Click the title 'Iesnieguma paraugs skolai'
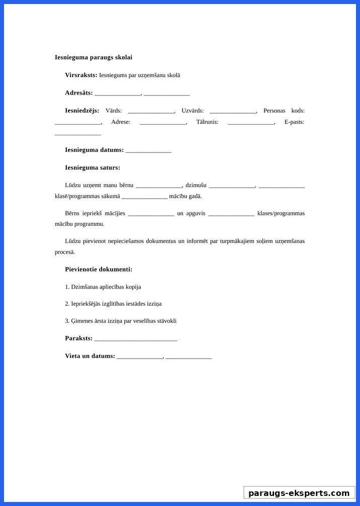pos(94,57)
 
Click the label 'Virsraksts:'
pos(81,75)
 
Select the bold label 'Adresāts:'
pos(79,93)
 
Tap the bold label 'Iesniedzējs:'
pos(82,111)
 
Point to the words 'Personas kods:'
pos(284,111)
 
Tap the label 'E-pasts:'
pos(294,122)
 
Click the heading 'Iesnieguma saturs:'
pos(93,167)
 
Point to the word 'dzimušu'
pos(196,185)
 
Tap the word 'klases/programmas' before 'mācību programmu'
pos(281,213)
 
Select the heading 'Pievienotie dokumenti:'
pos(99,269)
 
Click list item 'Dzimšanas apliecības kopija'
pos(103,287)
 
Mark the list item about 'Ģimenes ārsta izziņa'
pos(121,321)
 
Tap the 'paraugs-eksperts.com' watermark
pos(299,493)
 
